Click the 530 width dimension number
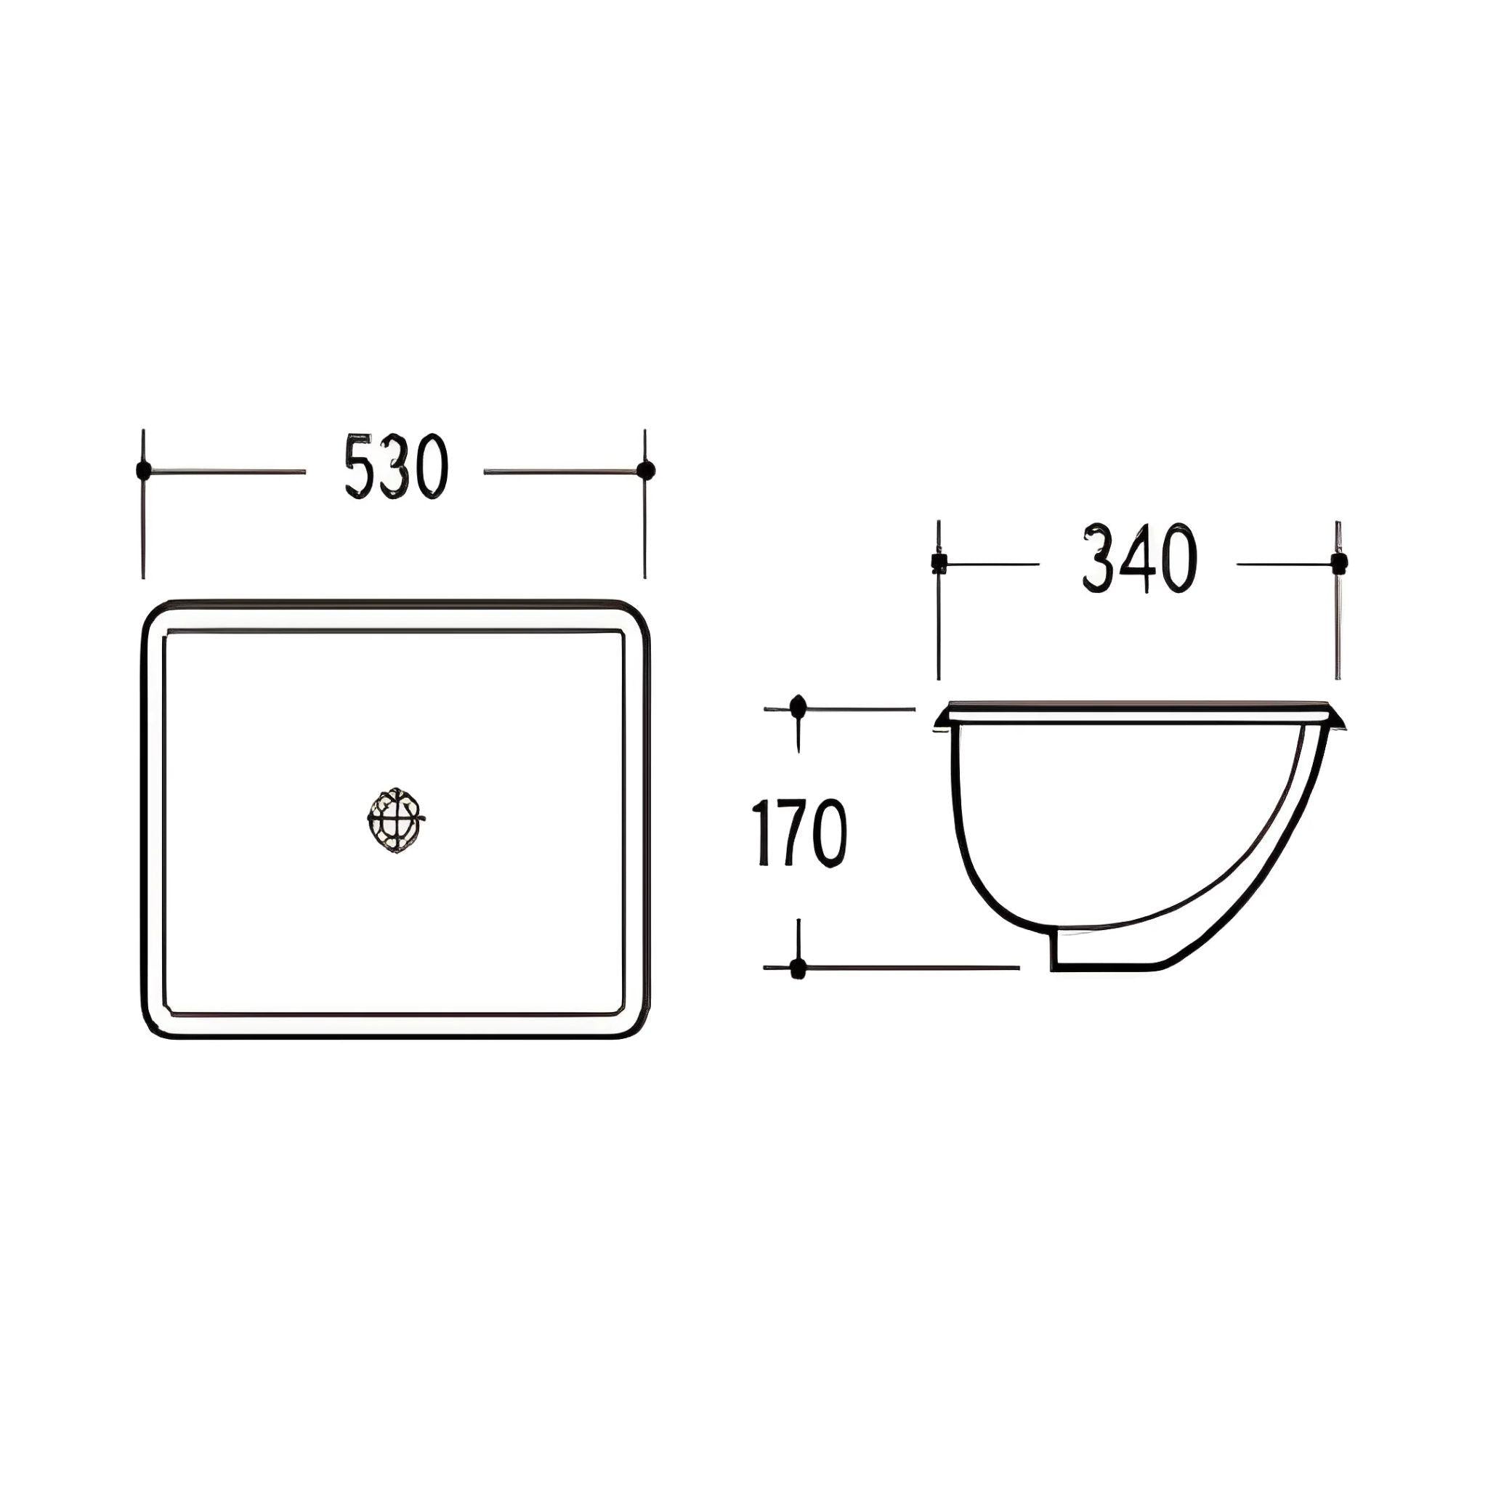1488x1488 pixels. click(395, 467)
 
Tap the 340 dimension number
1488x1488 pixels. click(1139, 559)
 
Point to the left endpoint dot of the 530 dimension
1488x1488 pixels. click(142, 470)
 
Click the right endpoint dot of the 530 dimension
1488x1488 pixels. click(645, 469)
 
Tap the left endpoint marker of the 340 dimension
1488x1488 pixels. click(938, 562)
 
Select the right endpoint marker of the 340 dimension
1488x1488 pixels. click(1338, 562)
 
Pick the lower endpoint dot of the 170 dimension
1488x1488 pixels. click(798, 967)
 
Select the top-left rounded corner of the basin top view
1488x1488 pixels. click(154, 614)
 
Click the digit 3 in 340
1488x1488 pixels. click(1099, 559)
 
